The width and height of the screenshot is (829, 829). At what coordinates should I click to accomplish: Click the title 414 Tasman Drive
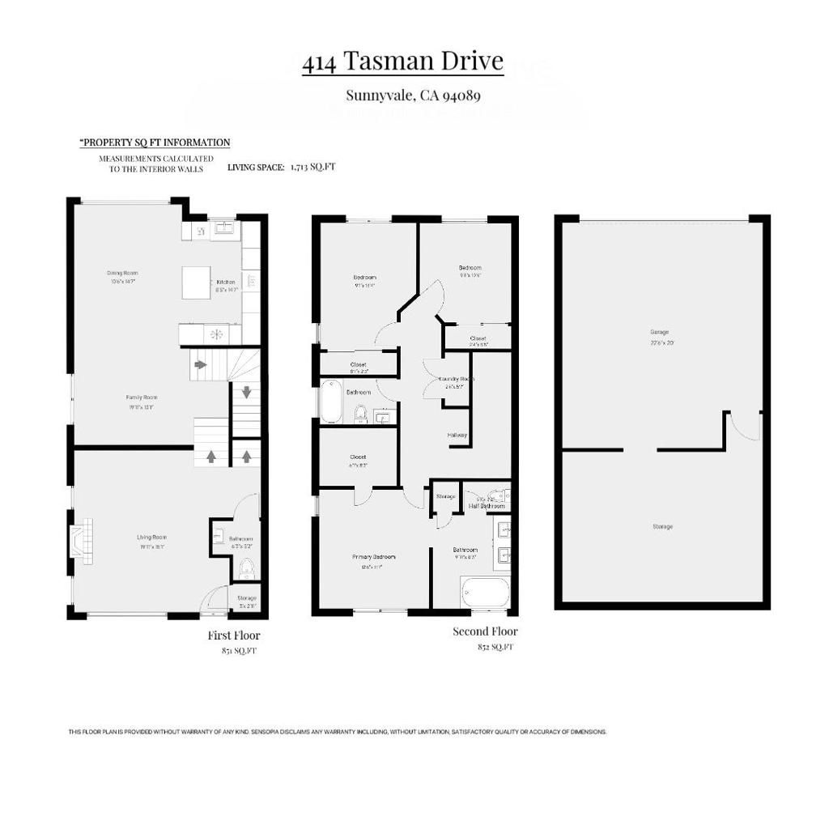click(x=402, y=62)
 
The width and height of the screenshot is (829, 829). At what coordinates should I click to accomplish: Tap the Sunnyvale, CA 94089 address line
click(x=414, y=96)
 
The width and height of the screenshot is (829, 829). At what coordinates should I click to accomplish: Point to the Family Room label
click(x=141, y=397)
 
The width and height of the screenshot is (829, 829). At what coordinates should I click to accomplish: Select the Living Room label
click(x=151, y=537)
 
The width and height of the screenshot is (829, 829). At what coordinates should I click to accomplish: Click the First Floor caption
click(x=234, y=636)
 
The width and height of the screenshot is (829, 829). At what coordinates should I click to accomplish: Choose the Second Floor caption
click(x=485, y=631)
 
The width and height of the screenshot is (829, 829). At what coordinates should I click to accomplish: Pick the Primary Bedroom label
click(x=373, y=557)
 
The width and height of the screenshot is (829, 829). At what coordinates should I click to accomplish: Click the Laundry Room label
click(x=456, y=379)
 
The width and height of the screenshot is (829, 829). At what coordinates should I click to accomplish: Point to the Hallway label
click(x=457, y=435)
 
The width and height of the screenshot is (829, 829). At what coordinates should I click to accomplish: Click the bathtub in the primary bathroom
click(x=485, y=592)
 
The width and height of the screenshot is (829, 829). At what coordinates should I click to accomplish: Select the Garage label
click(x=660, y=332)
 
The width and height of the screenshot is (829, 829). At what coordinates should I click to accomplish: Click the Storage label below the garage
click(x=662, y=527)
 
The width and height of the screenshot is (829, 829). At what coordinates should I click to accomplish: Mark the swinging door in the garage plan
click(x=743, y=426)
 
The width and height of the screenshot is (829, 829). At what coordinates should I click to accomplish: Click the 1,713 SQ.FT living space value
click(x=312, y=167)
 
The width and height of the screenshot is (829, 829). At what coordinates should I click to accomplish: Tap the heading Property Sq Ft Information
click(x=155, y=142)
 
